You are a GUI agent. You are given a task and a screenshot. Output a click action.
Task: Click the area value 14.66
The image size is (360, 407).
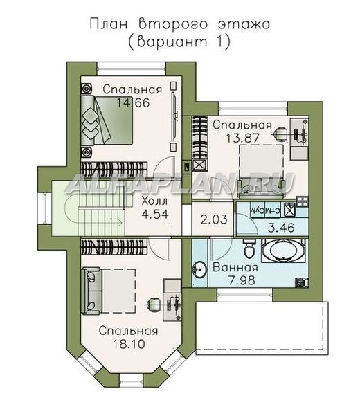click(133, 102)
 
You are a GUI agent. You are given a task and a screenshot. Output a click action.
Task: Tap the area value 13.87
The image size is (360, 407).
click(242, 138)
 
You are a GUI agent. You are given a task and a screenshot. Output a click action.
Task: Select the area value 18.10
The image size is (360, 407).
click(129, 344)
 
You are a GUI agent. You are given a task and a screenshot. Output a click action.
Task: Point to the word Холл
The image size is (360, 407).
click(154, 201)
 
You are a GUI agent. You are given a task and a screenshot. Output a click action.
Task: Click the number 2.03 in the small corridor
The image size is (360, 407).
click(214, 219)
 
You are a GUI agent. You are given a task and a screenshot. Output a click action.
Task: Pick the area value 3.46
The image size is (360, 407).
click(281, 228)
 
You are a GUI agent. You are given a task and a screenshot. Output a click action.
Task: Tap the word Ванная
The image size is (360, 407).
click(235, 267)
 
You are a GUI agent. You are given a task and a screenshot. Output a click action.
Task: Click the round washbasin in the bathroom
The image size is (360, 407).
click(199, 270)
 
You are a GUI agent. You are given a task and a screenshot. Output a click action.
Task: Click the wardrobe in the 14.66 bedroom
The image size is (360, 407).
click(114, 170)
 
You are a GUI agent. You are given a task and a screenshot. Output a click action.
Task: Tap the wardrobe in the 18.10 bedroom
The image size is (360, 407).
click(114, 247)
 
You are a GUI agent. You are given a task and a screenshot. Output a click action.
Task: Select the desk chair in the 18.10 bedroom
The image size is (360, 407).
click(153, 303)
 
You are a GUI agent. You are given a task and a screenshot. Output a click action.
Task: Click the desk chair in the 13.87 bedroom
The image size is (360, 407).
click(280, 134)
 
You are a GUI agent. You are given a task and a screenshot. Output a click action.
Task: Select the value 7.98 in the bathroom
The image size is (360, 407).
click(242, 280)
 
